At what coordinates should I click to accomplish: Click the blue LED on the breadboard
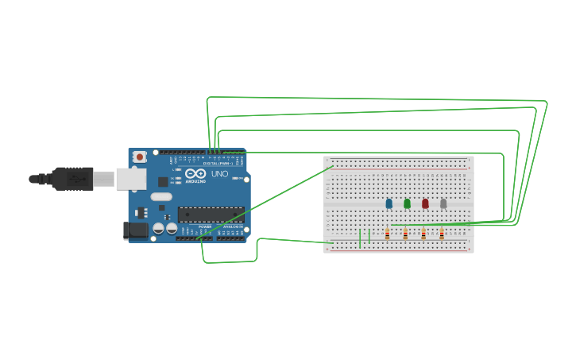[x=389, y=203]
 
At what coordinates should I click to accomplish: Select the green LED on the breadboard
[x=407, y=203]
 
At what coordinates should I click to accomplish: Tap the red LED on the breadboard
[x=425, y=203]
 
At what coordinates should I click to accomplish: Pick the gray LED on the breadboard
[x=443, y=203]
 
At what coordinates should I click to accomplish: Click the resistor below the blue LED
[x=388, y=234]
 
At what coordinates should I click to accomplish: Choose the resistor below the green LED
[x=405, y=234]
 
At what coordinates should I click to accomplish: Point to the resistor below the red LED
[x=423, y=234]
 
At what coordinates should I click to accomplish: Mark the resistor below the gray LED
[x=442, y=234]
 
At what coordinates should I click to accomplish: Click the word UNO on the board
[x=219, y=174]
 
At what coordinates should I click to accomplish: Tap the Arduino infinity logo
[x=196, y=173]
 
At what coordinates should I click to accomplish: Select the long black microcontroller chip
[x=211, y=215]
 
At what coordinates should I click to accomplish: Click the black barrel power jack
[x=137, y=230]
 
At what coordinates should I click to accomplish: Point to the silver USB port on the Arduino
[x=131, y=179]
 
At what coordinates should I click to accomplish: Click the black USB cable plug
[x=73, y=179]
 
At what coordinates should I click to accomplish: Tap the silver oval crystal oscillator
[x=161, y=196]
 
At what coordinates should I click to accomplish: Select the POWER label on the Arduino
[x=205, y=226]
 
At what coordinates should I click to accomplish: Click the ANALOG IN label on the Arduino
[x=233, y=226]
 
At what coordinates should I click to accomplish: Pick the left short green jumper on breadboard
[x=360, y=238]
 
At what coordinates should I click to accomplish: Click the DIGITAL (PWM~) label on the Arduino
[x=211, y=163]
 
